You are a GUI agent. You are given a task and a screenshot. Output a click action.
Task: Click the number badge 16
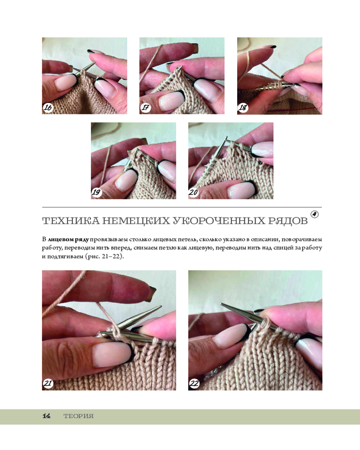pyautogui.click(x=48, y=108)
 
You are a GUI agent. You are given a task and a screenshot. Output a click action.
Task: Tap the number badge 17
pyautogui.click(x=145, y=108)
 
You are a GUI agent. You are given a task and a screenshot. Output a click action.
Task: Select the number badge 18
pyautogui.click(x=243, y=108)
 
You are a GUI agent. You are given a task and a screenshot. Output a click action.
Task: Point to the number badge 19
pyautogui.click(x=97, y=192)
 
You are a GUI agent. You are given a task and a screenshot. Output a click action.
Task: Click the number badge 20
pyautogui.click(x=194, y=192)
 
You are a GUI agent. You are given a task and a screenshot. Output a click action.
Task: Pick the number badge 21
pyautogui.click(x=48, y=383)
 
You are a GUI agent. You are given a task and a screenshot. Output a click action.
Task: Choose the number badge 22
pyautogui.click(x=194, y=383)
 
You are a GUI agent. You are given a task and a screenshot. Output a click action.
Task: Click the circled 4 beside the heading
pyautogui.click(x=315, y=214)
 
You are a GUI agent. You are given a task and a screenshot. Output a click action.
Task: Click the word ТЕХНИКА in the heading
pyautogui.click(x=71, y=221)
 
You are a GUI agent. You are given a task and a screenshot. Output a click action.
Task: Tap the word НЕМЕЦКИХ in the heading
pyautogui.click(x=136, y=221)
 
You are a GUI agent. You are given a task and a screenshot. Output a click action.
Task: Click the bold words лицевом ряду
pyautogui.click(x=68, y=239)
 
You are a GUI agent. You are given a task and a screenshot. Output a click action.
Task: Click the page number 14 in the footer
pyautogui.click(x=46, y=416)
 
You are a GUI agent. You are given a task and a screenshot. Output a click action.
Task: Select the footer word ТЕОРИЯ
pyautogui.click(x=78, y=416)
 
